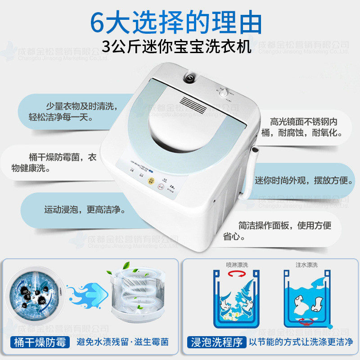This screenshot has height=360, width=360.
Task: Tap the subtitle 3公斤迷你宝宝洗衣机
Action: click(x=176, y=46)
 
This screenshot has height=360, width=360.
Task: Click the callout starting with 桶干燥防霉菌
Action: click(x=63, y=157)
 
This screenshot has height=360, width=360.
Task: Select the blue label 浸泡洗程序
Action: click(x=216, y=342)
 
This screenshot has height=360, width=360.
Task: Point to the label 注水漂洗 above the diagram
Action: click(x=306, y=265)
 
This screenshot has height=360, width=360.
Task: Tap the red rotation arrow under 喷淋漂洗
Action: click(x=237, y=274)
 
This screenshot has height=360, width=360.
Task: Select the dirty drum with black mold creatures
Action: click(x=34, y=294)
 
